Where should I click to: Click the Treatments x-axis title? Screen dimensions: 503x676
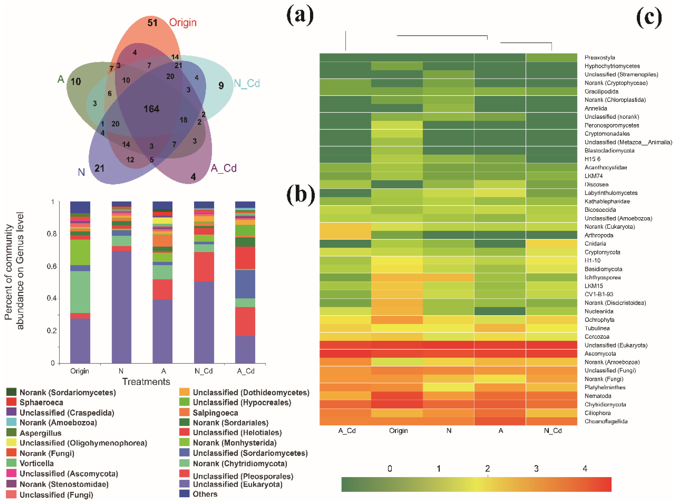click(146, 381)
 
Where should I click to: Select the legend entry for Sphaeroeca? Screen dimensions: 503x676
click(41, 402)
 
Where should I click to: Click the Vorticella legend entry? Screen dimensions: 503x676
click(37, 463)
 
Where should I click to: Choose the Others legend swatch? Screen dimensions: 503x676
click(184, 494)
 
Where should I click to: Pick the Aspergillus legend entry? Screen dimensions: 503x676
click(40, 433)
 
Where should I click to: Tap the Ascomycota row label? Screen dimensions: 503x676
click(600, 354)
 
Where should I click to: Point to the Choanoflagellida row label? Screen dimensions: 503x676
click(606, 421)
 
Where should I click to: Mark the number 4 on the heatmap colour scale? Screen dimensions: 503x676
click(585, 469)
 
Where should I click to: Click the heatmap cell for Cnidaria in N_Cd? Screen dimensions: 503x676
click(551, 243)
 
